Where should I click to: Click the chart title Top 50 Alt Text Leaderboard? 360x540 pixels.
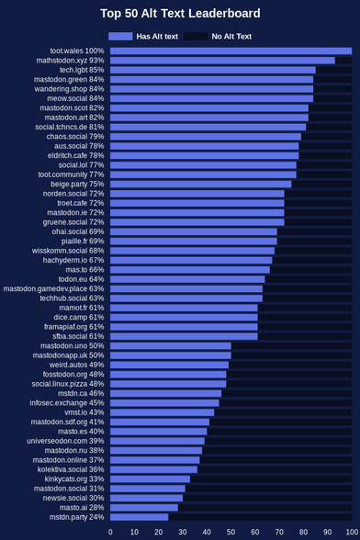pos(180,14)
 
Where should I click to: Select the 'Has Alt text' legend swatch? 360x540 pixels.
pos(120,37)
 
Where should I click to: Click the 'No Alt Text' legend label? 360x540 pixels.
pos(231,37)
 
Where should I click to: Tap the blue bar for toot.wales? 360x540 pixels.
pos(231,51)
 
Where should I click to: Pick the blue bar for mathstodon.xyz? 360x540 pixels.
pos(222,61)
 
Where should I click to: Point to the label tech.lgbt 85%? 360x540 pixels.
pos(82,70)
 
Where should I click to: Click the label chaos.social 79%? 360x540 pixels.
pos(75,136)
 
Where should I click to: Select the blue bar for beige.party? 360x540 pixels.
pos(201,185)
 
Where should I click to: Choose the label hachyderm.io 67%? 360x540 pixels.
pos(73,260)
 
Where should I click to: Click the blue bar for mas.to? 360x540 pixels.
pos(190,270)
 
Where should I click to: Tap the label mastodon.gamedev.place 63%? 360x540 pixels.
pos(54,288)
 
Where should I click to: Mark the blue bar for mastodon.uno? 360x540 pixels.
pos(171,345)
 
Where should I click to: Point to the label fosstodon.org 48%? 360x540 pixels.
pos(73,375)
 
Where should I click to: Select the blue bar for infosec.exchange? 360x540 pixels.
pos(164,403)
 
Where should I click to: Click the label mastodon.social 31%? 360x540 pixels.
pos(69,489)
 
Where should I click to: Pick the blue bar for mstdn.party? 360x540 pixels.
pos(140,517)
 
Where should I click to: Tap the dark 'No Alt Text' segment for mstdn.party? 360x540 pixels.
pos(260,517)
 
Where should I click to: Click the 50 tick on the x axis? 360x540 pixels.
pos(231,532)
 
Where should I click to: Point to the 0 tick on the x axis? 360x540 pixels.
pos(110,532)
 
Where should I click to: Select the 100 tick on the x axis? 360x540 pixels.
pos(352,532)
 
